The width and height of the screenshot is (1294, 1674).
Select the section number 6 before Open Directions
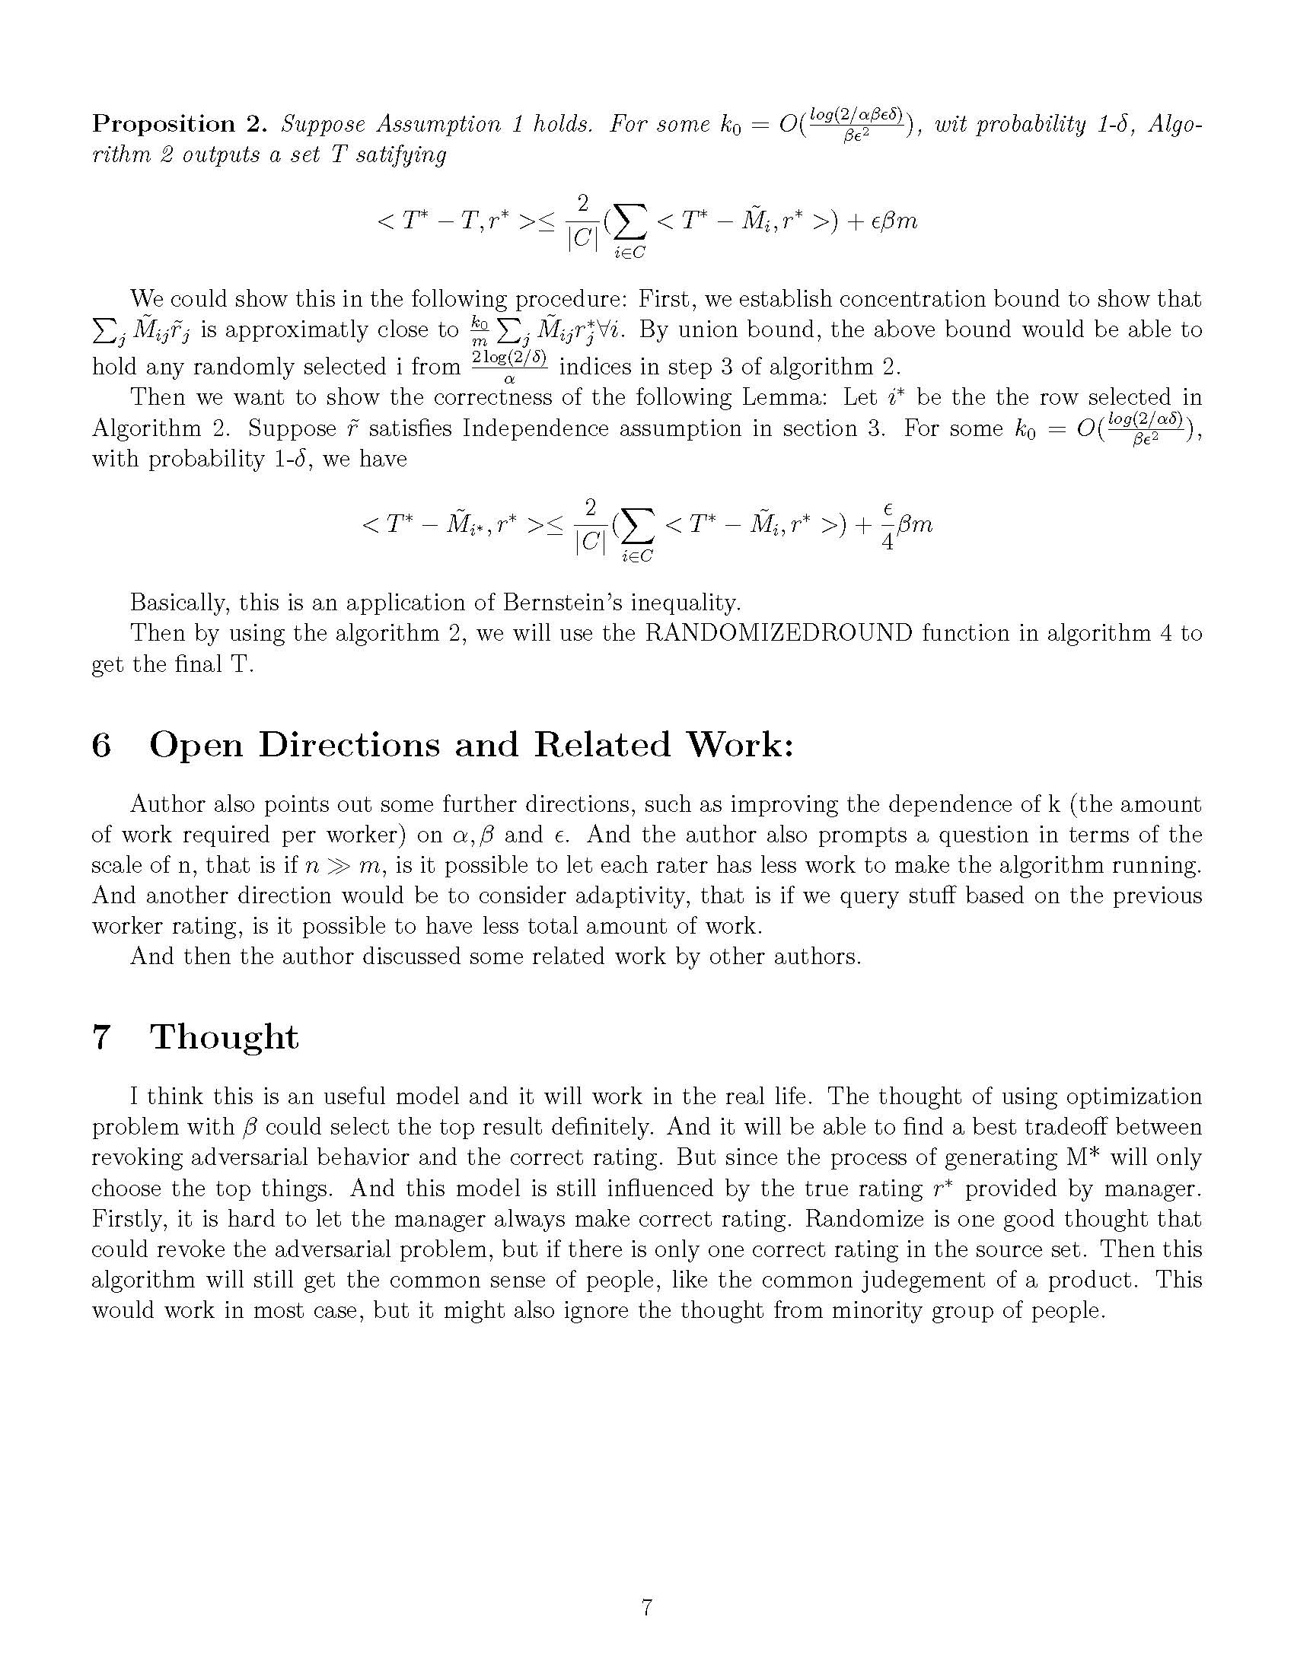click(101, 745)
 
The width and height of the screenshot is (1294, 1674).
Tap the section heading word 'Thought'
click(224, 1037)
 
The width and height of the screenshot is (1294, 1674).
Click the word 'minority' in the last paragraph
click(875, 1311)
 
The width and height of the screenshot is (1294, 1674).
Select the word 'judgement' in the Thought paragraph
click(958, 1280)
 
